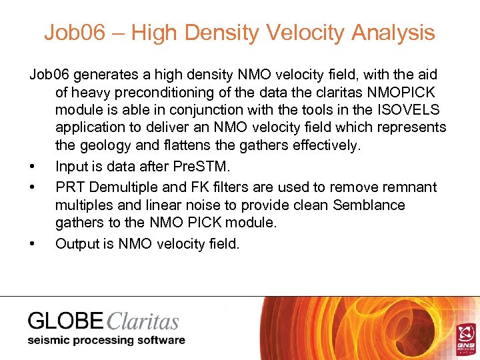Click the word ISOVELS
(405, 109)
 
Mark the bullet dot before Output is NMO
(32, 244)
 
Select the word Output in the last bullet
(76, 244)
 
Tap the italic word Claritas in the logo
(142, 322)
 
